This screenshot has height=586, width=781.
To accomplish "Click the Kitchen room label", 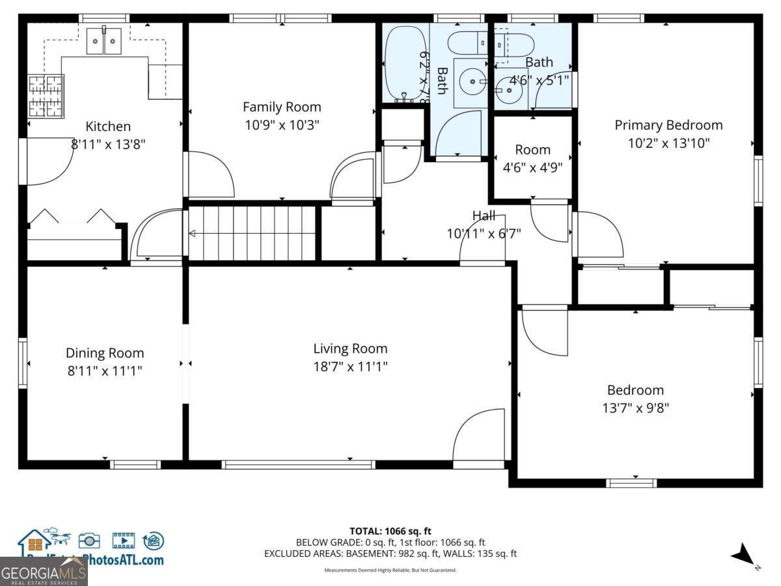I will pyautogui.click(x=108, y=126).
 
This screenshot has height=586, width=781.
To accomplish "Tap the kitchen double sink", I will pyautogui.click(x=104, y=42).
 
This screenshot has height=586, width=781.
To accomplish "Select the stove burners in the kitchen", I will pyautogui.click(x=46, y=96).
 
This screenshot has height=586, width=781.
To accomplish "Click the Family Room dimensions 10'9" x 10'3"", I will pyautogui.click(x=282, y=124).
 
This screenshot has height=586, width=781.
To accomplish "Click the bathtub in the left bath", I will pyautogui.click(x=404, y=64).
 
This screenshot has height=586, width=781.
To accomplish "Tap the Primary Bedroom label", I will pyautogui.click(x=668, y=125).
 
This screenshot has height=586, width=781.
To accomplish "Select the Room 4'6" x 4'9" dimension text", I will pyautogui.click(x=532, y=167).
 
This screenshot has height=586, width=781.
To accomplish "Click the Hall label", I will pyautogui.click(x=484, y=216).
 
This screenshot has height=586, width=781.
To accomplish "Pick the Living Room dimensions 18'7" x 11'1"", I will pyautogui.click(x=350, y=367).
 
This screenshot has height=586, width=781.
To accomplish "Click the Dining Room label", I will pyautogui.click(x=104, y=353).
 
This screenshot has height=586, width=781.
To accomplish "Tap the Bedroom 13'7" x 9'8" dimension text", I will pyautogui.click(x=635, y=408).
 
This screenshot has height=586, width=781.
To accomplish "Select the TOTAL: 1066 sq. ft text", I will pyautogui.click(x=390, y=531).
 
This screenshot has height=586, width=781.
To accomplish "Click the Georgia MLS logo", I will pyautogui.click(x=44, y=573).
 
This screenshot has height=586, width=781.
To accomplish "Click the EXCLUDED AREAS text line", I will pyautogui.click(x=390, y=553).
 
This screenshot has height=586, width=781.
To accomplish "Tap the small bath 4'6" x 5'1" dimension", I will pyautogui.click(x=539, y=79).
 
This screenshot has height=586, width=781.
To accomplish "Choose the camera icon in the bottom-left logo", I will pyautogui.click(x=89, y=540).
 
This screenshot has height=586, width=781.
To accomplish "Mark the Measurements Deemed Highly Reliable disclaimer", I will pyautogui.click(x=390, y=570).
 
